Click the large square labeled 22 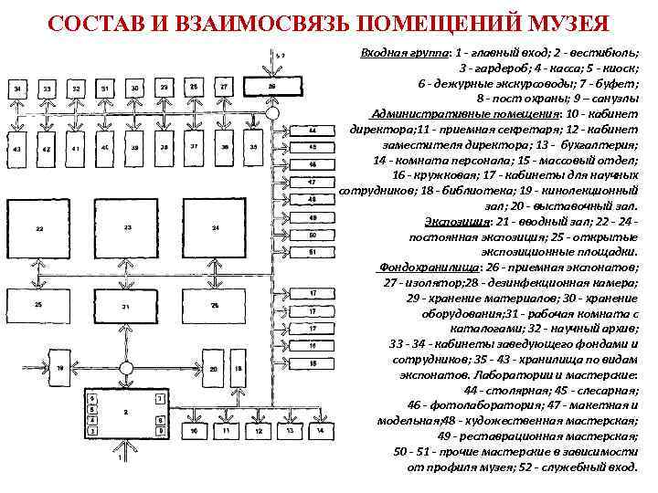coord(39,228)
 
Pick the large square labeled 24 coord(216,228)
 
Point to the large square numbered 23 coord(128,227)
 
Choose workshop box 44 coord(313,129)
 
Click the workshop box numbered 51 coord(313,251)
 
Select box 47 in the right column coord(313,182)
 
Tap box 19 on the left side coord(61,368)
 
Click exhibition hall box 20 coord(213,369)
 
